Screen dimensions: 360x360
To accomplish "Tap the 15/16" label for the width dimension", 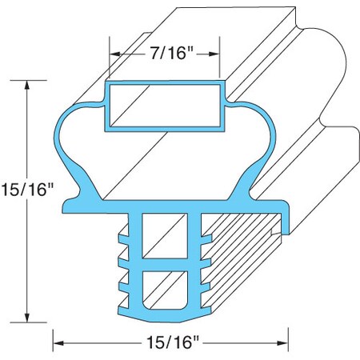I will click(x=170, y=342).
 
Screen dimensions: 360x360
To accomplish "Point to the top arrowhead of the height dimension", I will click(x=29, y=84).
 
